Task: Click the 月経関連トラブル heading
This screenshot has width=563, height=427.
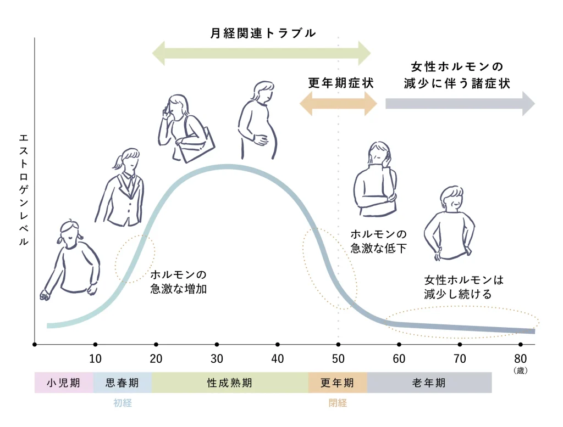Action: [263, 33]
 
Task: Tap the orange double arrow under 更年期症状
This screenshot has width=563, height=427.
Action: [338, 104]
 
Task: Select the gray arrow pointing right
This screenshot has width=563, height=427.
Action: [460, 104]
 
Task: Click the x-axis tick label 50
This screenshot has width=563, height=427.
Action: [338, 358]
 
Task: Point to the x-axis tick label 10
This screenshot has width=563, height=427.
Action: [95, 358]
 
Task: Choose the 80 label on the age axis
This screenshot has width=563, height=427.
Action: [520, 358]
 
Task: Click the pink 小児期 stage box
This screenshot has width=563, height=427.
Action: [64, 383]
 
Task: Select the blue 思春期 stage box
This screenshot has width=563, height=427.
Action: [123, 383]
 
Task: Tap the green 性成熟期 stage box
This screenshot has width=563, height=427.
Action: [230, 383]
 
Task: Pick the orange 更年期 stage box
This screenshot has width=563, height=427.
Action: [338, 383]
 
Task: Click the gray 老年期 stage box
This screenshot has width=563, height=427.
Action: [429, 383]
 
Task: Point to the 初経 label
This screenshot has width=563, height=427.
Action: [123, 403]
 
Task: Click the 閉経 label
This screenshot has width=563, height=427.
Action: [338, 403]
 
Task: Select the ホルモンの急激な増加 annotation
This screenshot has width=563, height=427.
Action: [179, 282]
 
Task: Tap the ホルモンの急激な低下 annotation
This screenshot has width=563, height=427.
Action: [378, 241]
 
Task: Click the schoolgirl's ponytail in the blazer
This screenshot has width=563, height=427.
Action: [118, 162]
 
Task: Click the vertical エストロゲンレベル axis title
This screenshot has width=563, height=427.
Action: [24, 190]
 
